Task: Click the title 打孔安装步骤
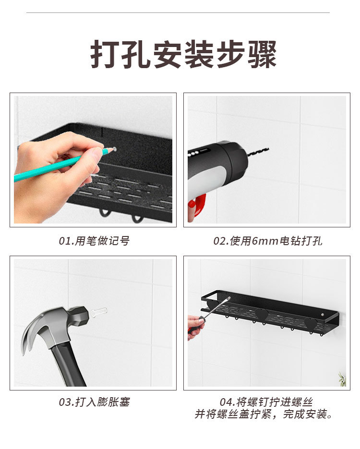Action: (x=184, y=56)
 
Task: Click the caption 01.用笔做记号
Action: (x=94, y=241)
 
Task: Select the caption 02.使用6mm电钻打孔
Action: (x=268, y=241)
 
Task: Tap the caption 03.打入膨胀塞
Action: (x=94, y=402)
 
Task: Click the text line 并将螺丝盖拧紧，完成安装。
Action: (x=264, y=414)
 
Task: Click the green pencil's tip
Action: (x=114, y=150)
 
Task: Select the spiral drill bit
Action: (x=258, y=152)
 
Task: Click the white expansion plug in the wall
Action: (x=98, y=312)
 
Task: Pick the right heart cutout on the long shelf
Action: (x=311, y=324)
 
